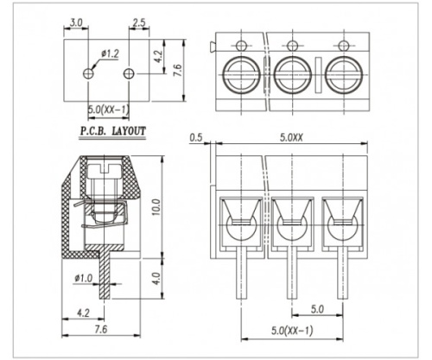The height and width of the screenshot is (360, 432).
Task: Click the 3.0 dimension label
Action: point(76,22)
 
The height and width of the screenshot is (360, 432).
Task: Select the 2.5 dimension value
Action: point(139,22)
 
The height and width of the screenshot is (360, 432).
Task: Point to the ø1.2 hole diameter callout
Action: point(110,54)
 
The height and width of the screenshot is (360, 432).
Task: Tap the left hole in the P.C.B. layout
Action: point(88,73)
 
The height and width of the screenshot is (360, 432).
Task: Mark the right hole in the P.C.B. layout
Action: point(129,73)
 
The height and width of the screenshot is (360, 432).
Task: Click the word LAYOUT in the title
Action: point(129,131)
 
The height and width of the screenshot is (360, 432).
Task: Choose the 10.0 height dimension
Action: point(156,207)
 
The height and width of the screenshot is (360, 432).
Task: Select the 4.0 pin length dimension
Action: point(156,278)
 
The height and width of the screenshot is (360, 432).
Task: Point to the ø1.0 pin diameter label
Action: point(83,278)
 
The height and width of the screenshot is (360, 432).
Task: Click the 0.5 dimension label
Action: point(196,137)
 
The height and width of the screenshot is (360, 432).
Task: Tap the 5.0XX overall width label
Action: point(291,137)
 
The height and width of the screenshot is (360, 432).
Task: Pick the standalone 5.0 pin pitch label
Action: point(317,309)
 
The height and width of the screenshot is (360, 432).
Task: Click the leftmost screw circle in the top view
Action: point(241,75)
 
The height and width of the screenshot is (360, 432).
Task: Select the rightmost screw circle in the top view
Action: point(344,75)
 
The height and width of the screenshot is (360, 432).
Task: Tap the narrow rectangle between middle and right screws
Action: point(318,75)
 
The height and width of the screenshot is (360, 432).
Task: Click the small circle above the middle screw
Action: point(292,46)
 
